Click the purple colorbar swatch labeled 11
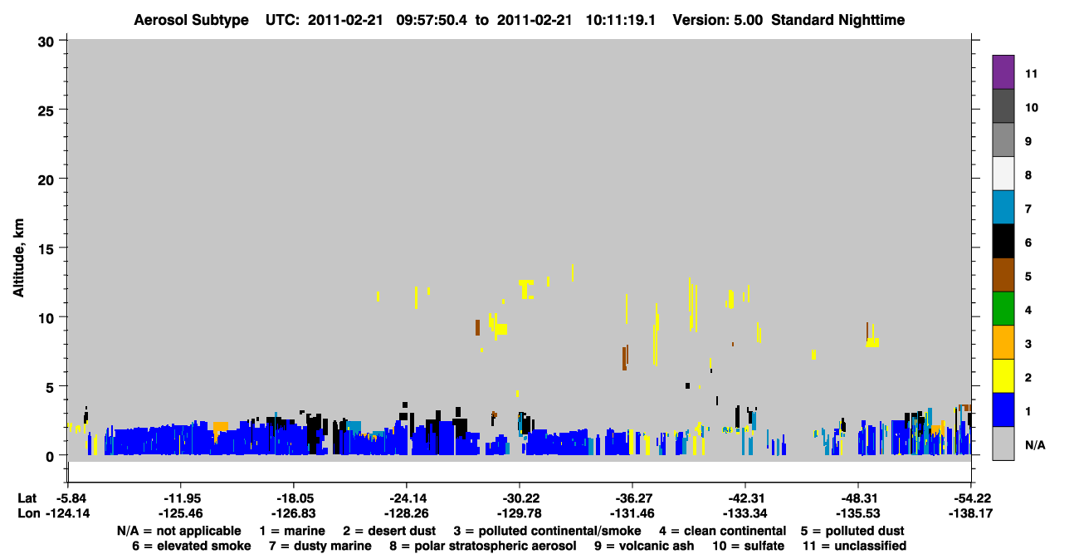click(1003, 71)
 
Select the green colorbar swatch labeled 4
click(1003, 309)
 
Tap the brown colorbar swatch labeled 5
click(1003, 275)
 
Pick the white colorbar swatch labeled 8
click(1003, 174)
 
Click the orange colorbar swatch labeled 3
click(1003, 342)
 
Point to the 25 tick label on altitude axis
click(46, 111)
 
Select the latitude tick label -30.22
click(521, 498)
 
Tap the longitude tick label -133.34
click(745, 513)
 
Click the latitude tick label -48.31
click(860, 498)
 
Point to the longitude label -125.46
click(181, 513)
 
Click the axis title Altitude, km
click(18, 257)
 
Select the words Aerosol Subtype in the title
click(191, 20)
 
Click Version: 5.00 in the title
click(718, 20)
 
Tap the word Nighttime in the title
click(871, 20)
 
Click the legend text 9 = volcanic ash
click(644, 546)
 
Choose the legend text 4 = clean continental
click(723, 531)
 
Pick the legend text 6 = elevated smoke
click(192, 546)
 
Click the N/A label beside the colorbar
click(1035, 445)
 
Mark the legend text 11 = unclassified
click(855, 546)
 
